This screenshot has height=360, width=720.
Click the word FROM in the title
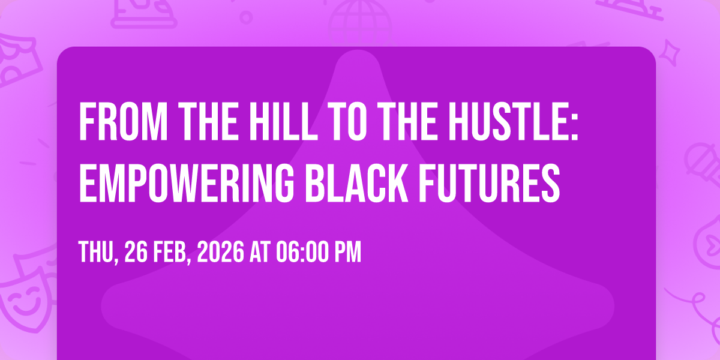pyautogui.click(x=124, y=121)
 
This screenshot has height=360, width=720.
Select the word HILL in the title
pyautogui.click(x=283, y=121)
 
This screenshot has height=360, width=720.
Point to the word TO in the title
pyautogui.click(x=349, y=121)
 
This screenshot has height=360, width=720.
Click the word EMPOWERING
pyautogui.click(x=186, y=183)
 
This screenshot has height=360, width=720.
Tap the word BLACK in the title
pyautogui.click(x=357, y=183)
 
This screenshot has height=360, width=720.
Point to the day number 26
pyautogui.click(x=136, y=253)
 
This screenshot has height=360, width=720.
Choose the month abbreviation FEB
pyautogui.click(x=172, y=253)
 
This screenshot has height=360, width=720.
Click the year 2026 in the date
pyautogui.click(x=221, y=253)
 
